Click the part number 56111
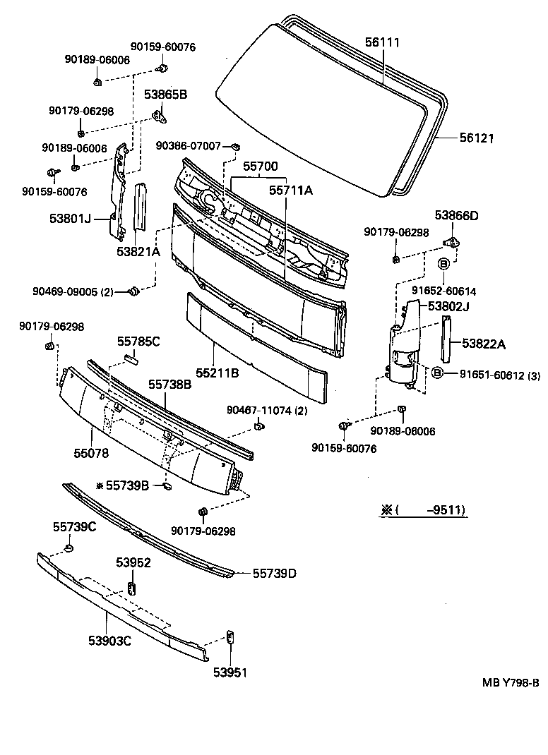[x=383, y=43]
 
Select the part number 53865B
[x=166, y=94]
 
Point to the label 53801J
[x=71, y=220]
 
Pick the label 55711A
[x=290, y=190]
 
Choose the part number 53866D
[x=456, y=216]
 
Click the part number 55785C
[x=138, y=342]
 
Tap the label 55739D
[x=274, y=574]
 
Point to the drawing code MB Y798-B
[x=511, y=682]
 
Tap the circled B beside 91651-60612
[x=436, y=373]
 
